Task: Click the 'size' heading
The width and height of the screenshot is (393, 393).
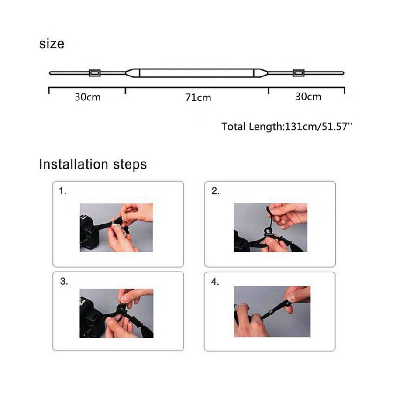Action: coord(52,44)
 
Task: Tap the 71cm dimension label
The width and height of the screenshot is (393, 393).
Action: coord(198,97)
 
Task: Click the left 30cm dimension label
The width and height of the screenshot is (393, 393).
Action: coord(88,97)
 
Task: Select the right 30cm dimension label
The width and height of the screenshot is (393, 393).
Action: coord(308,97)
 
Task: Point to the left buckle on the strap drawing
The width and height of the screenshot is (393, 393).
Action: coord(95,73)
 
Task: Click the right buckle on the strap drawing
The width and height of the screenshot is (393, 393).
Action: coord(299,73)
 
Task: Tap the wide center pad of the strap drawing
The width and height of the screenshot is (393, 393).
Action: coord(197,72)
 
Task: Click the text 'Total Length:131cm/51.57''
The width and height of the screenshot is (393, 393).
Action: coord(287,127)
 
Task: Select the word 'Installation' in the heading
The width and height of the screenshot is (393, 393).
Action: coord(74,165)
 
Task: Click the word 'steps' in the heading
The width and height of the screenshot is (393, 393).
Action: coord(130,165)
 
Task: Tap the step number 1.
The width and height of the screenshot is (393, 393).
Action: coord(62,191)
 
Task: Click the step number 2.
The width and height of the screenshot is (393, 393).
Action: coord(215,191)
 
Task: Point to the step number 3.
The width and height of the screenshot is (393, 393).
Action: coord(64,281)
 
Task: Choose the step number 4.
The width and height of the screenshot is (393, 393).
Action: coord(215,282)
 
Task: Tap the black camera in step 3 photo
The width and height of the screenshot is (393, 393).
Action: coord(91,317)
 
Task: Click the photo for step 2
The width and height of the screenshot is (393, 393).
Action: coord(271,228)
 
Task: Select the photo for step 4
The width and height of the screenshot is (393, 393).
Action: coord(272,311)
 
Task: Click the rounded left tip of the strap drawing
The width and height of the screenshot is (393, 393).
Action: coord(50,73)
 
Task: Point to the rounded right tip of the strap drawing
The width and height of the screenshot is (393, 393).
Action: coord(343,73)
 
